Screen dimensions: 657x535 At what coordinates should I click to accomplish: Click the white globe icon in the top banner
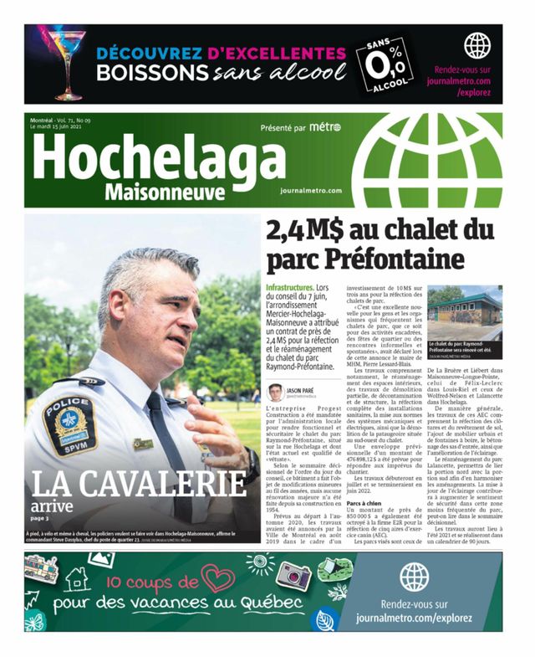pyautogui.click(x=477, y=45)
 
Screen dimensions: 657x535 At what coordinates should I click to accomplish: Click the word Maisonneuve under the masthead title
pyautogui.click(x=165, y=192)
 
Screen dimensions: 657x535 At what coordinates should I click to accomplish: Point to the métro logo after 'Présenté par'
pyautogui.click(x=324, y=128)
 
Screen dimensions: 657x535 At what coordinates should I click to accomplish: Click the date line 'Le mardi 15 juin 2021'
pyautogui.click(x=67, y=128)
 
